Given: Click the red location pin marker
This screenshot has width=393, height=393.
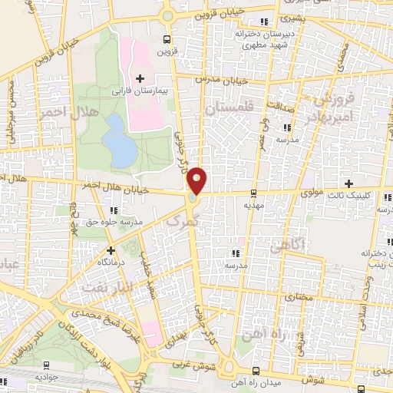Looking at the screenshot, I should [x=198, y=180].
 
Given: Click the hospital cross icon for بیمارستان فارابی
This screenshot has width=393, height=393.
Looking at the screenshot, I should [x=140, y=78].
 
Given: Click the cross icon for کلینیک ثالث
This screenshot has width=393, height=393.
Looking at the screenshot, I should [x=349, y=183].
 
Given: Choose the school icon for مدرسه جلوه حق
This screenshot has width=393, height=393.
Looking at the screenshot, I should [x=114, y=210].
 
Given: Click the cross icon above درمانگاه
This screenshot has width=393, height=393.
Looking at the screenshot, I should [x=111, y=249].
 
